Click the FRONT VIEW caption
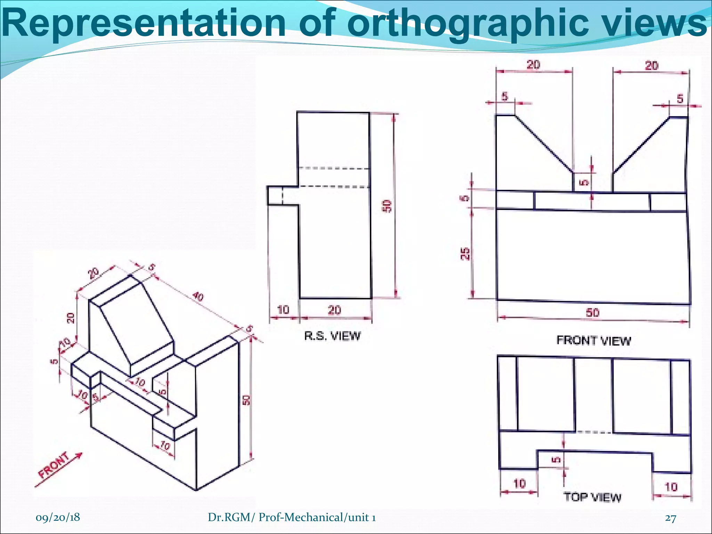[593, 340]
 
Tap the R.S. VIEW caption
[332, 336]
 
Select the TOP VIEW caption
[592, 497]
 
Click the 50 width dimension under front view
[592, 313]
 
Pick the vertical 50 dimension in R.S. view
[388, 206]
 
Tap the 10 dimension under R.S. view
[284, 309]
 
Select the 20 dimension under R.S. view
[334, 309]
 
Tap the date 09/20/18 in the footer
[58, 517]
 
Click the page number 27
[670, 518]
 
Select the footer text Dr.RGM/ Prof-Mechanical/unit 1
[291, 518]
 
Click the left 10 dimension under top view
[519, 483]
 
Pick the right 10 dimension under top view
[671, 487]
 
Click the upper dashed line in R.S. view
[333, 168]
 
